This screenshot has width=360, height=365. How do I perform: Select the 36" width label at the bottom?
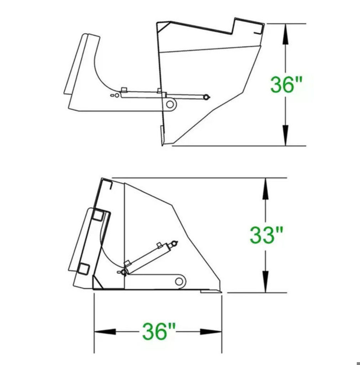158,331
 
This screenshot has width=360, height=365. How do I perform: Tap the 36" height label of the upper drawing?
286,84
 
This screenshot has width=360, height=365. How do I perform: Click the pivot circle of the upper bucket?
170,104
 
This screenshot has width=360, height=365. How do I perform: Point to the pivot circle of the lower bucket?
179,281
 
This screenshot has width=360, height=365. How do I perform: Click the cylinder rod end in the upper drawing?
206,97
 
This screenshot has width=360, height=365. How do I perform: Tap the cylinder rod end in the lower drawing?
174,244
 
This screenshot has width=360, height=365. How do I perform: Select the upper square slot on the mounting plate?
98,215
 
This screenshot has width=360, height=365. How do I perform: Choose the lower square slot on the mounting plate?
84,269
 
